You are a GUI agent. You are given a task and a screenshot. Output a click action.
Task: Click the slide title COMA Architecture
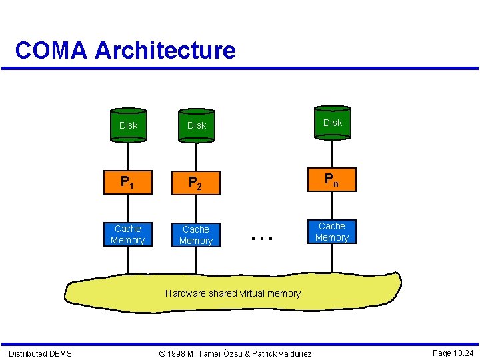pos(125,50)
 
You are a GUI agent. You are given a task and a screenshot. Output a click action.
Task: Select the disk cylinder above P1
pos(128,125)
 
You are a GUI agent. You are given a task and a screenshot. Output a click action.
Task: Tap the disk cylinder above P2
pos(197,125)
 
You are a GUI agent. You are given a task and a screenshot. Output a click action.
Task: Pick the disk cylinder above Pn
pos(332,122)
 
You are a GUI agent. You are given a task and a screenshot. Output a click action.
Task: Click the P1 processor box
pos(128,181)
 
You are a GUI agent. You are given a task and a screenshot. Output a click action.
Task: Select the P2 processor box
pos(196,182)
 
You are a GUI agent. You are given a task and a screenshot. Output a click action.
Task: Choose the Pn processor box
pos(331,179)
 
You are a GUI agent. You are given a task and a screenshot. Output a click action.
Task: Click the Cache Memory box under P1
pos(128,234)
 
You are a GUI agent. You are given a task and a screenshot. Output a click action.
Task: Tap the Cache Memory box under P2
pos(196,235)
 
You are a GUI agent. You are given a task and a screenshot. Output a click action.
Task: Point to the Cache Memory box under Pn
pos(331,232)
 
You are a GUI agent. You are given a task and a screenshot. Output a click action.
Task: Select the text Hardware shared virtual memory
pos(233,293)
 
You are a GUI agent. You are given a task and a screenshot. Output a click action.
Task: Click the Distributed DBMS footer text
pos(40,353)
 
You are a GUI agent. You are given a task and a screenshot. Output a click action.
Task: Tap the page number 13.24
pos(462,353)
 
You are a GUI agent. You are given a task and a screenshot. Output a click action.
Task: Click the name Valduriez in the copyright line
pos(291,353)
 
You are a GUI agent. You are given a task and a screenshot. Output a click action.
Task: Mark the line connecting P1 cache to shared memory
pos(128,260)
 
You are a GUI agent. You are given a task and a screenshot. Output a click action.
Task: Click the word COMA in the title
pos(51,50)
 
